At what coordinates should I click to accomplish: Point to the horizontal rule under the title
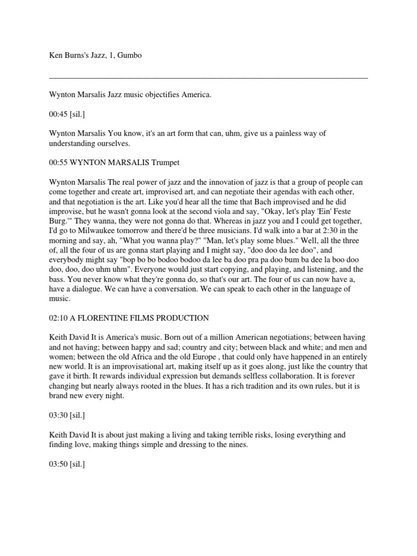[208, 78]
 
